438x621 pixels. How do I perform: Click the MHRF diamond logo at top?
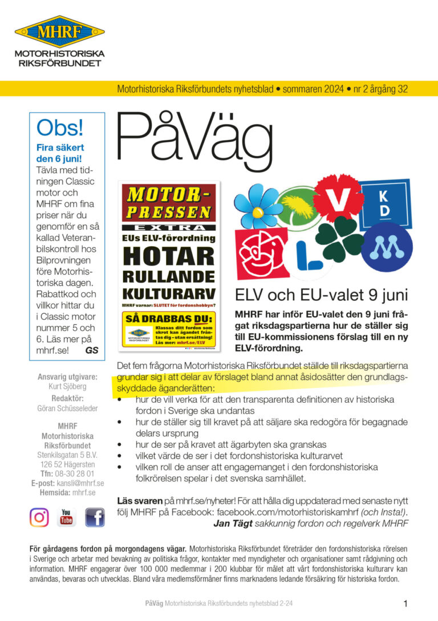click(x=59, y=31)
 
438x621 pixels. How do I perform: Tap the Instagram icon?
click(x=39, y=517)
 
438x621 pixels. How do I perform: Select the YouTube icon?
click(x=67, y=517)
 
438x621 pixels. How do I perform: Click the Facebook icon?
click(x=95, y=517)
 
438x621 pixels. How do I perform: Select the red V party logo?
click(x=338, y=198)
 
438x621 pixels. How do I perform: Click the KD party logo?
click(x=384, y=203)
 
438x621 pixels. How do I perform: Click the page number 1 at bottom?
click(x=405, y=604)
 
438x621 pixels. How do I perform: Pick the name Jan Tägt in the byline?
click(x=233, y=522)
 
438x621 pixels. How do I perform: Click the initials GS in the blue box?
click(x=91, y=350)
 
